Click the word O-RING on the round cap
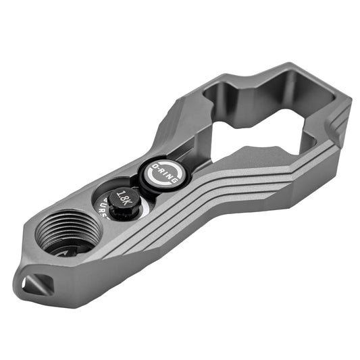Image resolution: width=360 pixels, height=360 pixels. (164, 174)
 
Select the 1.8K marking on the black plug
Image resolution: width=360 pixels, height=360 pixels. (124, 199)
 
